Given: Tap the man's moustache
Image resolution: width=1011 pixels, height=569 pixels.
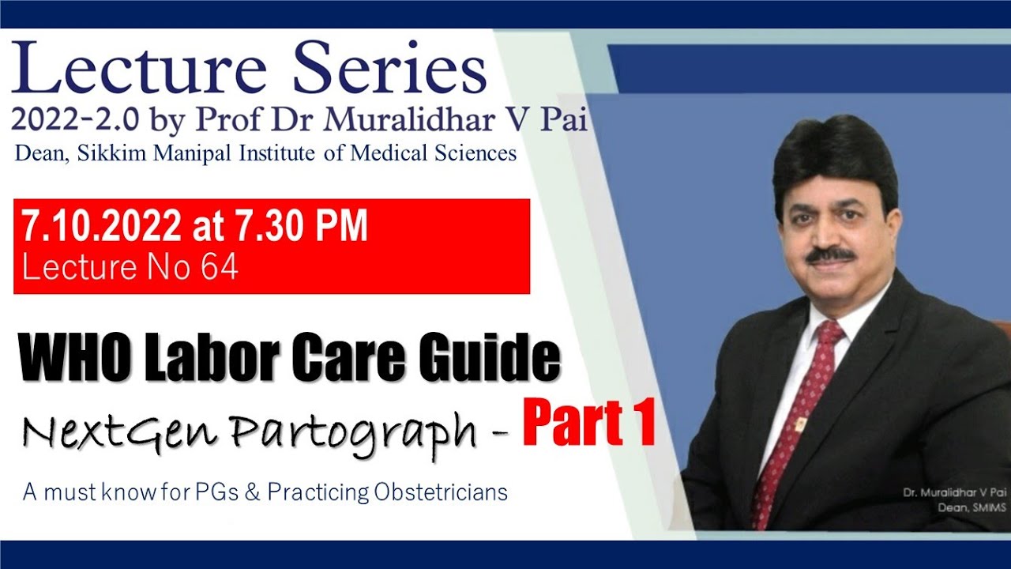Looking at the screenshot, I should coord(831,255).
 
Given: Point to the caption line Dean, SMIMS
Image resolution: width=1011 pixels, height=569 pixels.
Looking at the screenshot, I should coord(977,508).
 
